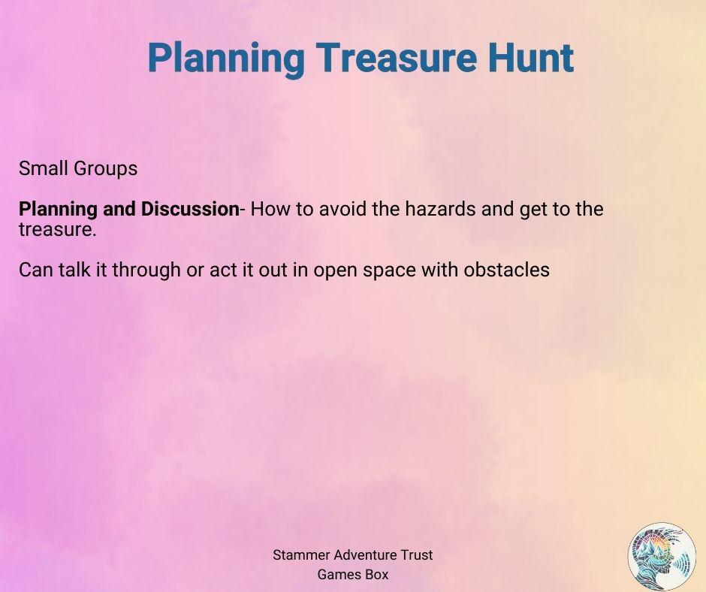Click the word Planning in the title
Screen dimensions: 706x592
pos(227,59)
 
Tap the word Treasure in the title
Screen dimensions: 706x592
pos(397,58)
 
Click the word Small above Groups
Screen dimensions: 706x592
pos(44,168)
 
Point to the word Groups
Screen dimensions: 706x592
pos(106,169)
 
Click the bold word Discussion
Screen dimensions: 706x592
pos(189,209)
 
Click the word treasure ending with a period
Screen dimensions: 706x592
pos(58,230)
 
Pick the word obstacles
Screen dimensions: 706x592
pos(506,270)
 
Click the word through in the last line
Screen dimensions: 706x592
pos(146,270)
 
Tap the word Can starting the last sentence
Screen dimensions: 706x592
pos(35,270)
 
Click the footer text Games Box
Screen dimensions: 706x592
pos(352,575)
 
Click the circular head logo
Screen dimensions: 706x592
pos(662,557)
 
